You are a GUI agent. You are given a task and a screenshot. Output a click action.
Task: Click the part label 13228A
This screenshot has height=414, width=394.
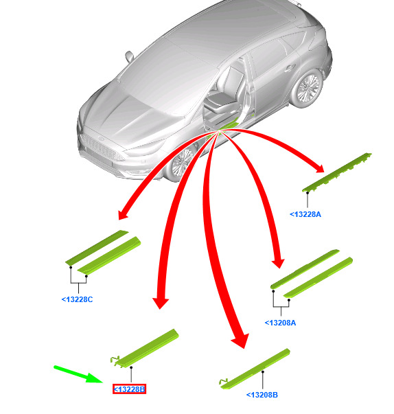tap(305, 214)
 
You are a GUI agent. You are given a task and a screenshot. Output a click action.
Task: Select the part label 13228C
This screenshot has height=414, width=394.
tap(77, 299)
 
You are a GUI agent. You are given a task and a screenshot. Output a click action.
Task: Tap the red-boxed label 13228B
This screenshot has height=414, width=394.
tap(129, 389)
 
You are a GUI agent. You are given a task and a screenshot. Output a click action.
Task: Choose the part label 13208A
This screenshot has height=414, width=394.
tap(280, 323)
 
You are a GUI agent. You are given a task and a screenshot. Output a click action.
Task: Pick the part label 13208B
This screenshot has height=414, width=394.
tap(262, 395)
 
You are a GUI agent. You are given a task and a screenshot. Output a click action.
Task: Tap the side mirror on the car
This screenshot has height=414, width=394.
tap(129, 56)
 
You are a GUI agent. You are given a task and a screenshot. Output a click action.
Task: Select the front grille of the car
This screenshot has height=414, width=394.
tap(102, 148)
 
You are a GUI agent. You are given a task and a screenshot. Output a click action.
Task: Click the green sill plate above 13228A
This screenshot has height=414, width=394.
tap(337, 172)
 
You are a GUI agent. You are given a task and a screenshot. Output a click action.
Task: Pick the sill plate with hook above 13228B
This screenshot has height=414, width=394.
tap(145, 348)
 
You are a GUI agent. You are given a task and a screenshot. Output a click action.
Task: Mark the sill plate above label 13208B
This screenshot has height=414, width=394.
tap(255, 369)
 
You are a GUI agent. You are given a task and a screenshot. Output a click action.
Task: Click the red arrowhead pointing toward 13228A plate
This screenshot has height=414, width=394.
tap(320, 168)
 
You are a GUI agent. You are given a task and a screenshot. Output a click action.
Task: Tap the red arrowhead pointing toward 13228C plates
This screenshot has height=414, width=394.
tap(123, 214)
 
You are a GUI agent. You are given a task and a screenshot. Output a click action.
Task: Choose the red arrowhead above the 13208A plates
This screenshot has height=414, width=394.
tap(279, 264)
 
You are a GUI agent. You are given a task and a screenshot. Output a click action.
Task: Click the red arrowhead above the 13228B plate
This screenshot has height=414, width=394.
tap(161, 303)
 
